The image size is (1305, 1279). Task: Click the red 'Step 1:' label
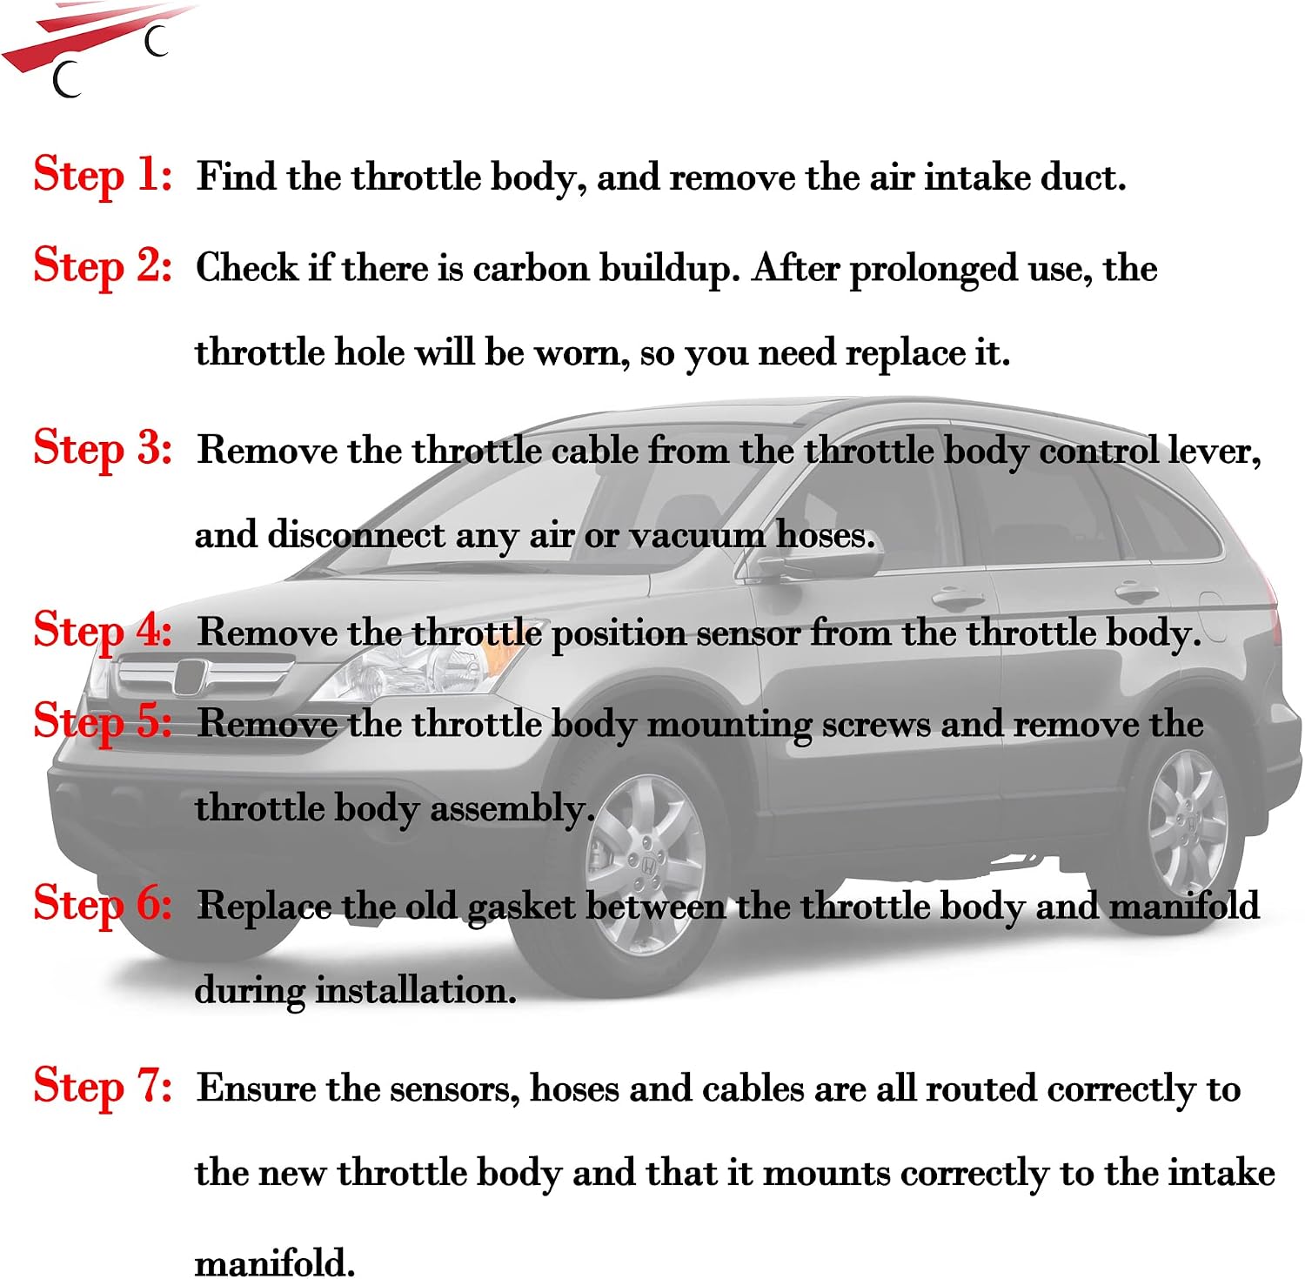[103, 176]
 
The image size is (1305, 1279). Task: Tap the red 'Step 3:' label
[103, 450]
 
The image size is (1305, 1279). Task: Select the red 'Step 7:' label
[103, 1088]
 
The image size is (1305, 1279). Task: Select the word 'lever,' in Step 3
[1215, 451]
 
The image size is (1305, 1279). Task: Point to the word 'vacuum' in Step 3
[696, 535]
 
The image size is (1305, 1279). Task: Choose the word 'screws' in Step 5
[876, 725]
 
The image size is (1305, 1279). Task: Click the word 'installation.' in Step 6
[416, 991]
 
